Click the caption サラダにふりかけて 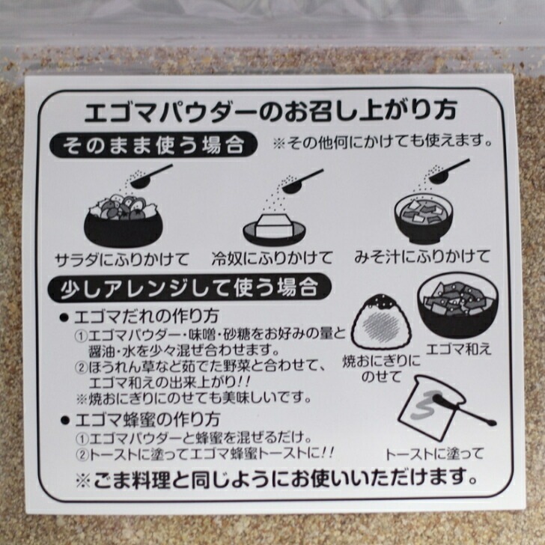[123, 258]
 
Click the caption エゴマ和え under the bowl [458, 349]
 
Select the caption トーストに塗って [435, 454]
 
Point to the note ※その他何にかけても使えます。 [383, 141]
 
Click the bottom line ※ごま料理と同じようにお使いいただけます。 [272, 476]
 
